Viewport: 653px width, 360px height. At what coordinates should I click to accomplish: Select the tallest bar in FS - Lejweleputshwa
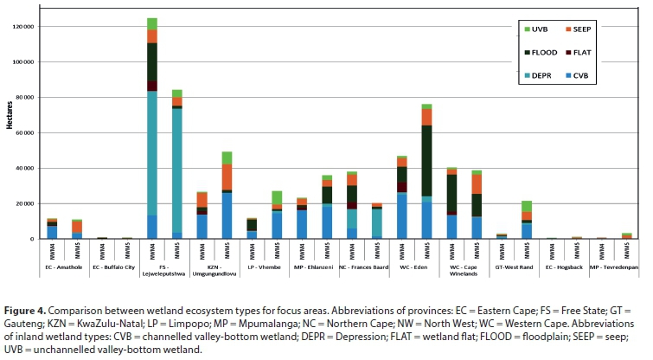click(152, 130)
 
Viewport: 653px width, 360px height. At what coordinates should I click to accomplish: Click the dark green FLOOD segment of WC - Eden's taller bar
click(426, 160)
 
